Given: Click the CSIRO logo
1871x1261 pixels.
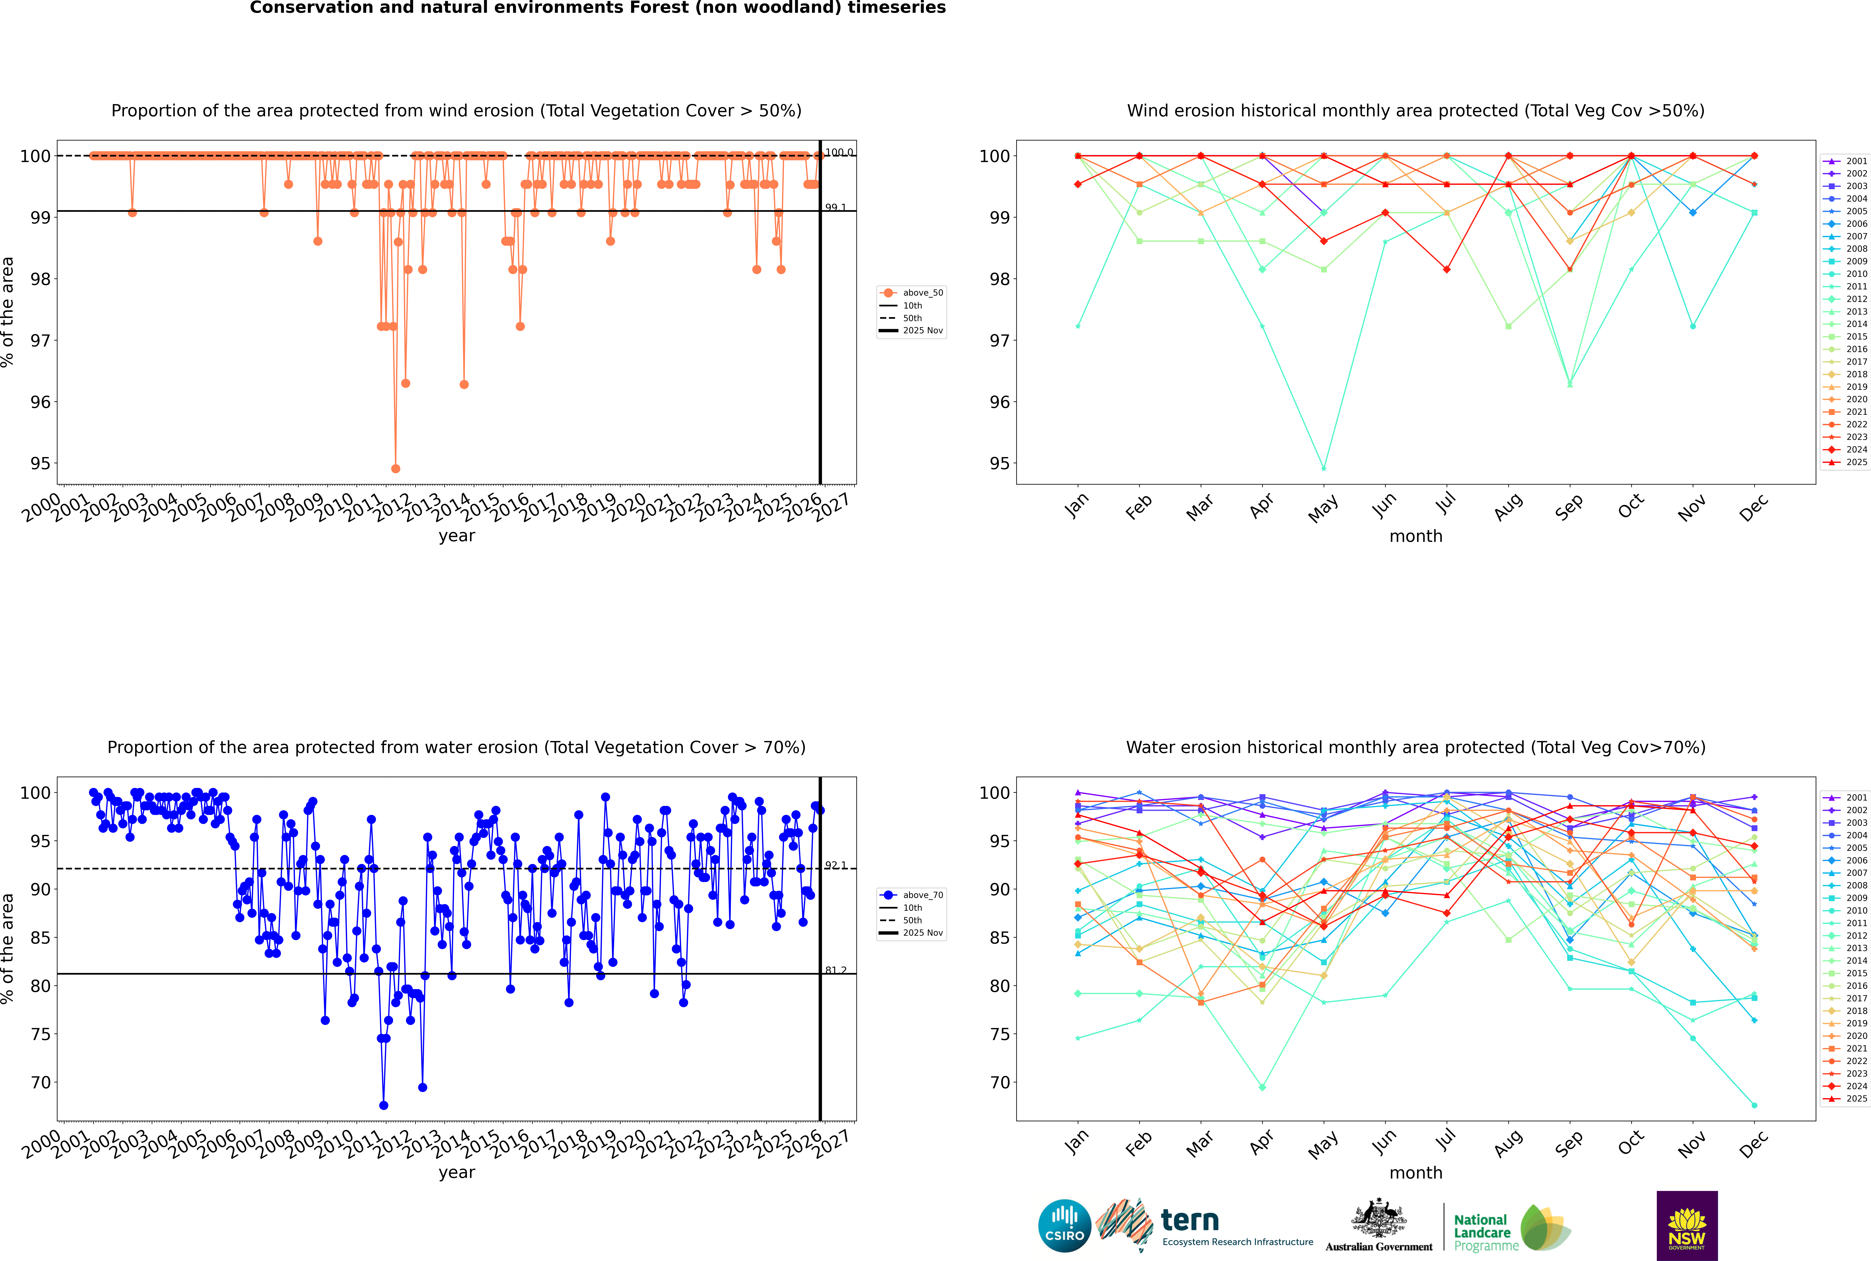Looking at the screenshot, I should pyautogui.click(x=1064, y=1226).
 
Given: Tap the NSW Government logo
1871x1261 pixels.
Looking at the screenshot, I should pyautogui.click(x=1687, y=1225).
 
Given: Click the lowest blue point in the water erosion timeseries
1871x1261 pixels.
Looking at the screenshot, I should pyautogui.click(x=384, y=1105).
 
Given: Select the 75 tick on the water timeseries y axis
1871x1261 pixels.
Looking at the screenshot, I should pyautogui.click(x=40, y=1034).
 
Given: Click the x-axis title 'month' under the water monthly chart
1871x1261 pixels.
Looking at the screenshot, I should pyautogui.click(x=1416, y=1173).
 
